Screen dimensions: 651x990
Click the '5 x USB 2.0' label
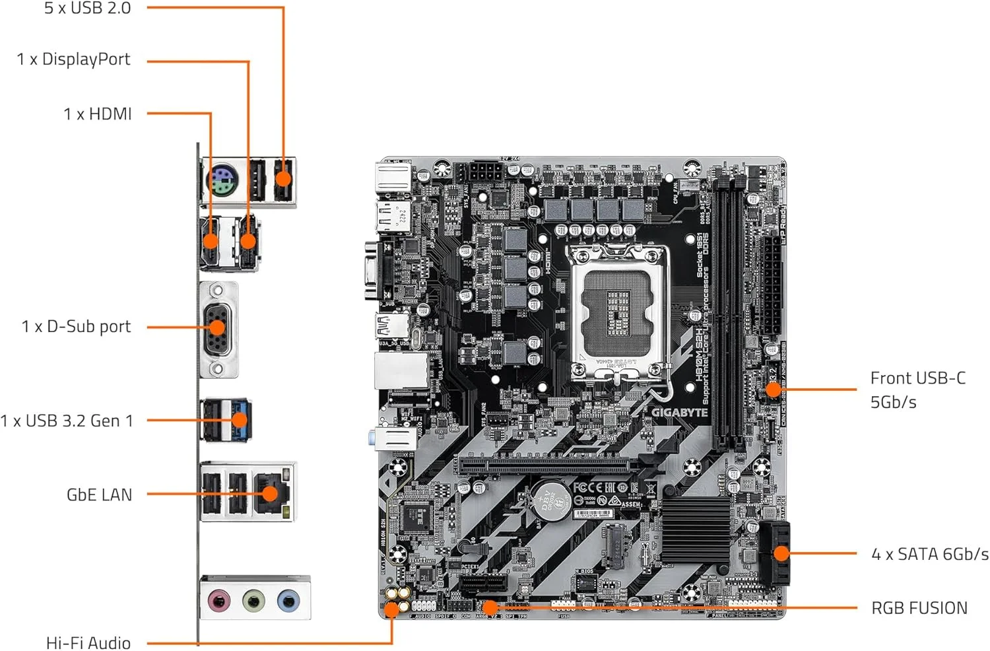pos(87,9)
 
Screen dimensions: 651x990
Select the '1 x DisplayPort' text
pos(73,59)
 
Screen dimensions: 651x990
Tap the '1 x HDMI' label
pos(98,114)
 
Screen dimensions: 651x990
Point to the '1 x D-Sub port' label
pos(76,327)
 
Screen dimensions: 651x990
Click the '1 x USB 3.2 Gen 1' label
pos(67,421)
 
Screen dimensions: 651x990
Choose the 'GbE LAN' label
pos(99,495)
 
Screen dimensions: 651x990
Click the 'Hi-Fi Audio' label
pos(88,642)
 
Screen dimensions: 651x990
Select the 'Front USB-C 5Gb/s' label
pos(917,390)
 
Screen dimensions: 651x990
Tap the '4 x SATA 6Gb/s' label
pos(929,554)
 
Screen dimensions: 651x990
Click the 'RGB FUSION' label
pos(919,608)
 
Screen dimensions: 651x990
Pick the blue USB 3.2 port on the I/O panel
pos(240,421)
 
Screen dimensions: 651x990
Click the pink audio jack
pos(219,601)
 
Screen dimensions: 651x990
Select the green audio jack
pos(254,601)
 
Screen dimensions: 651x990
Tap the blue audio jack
pos(288,601)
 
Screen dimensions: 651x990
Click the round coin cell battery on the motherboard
pos(551,500)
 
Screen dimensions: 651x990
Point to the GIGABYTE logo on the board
pos(679,413)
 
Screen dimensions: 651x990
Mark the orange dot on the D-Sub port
pos(217,327)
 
